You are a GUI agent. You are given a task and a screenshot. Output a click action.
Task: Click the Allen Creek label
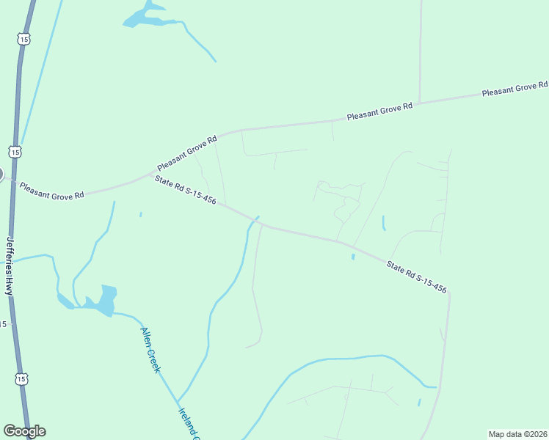150,350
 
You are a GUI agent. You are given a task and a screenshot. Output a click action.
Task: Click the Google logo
24,431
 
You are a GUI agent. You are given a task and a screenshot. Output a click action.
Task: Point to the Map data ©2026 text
517,434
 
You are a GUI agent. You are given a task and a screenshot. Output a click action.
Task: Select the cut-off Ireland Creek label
189,424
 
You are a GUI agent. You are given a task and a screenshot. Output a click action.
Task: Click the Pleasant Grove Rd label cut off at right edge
515,89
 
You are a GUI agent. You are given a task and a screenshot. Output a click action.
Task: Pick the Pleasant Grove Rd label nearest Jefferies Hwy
51,191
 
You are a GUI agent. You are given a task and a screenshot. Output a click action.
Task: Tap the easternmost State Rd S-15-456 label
416,274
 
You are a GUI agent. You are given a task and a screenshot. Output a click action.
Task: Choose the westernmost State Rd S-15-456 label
185,190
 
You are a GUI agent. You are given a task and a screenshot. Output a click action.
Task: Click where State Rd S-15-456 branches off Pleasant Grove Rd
150,175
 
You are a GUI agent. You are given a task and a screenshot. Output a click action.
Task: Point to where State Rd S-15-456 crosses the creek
255,220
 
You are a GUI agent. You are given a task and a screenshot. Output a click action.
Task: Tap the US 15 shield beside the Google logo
22,379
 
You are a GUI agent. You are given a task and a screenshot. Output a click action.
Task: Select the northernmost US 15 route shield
23,38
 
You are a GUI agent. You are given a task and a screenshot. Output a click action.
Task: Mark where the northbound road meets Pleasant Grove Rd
419,102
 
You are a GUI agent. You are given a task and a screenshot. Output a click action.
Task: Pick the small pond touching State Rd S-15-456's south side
353,256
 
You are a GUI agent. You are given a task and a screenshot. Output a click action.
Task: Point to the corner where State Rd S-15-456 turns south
448,292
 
